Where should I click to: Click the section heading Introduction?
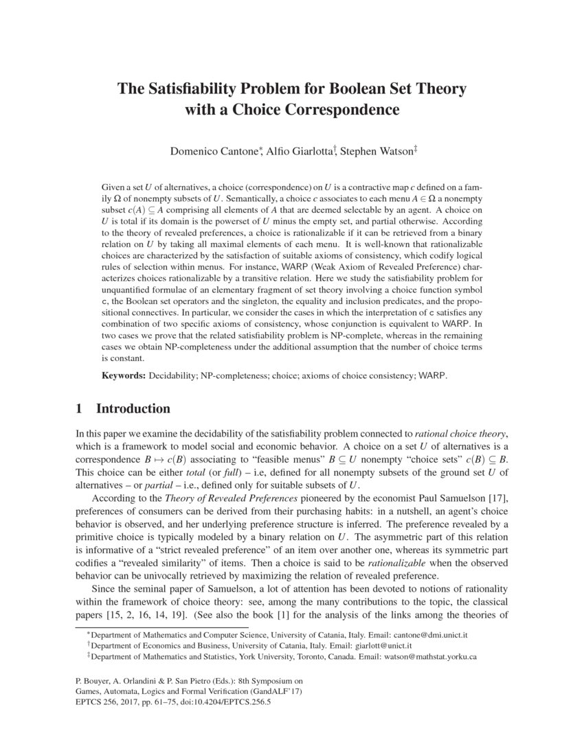tap(133, 409)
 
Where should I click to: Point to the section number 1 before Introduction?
tap(78, 409)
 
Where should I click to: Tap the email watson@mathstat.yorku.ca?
tap(430, 656)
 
